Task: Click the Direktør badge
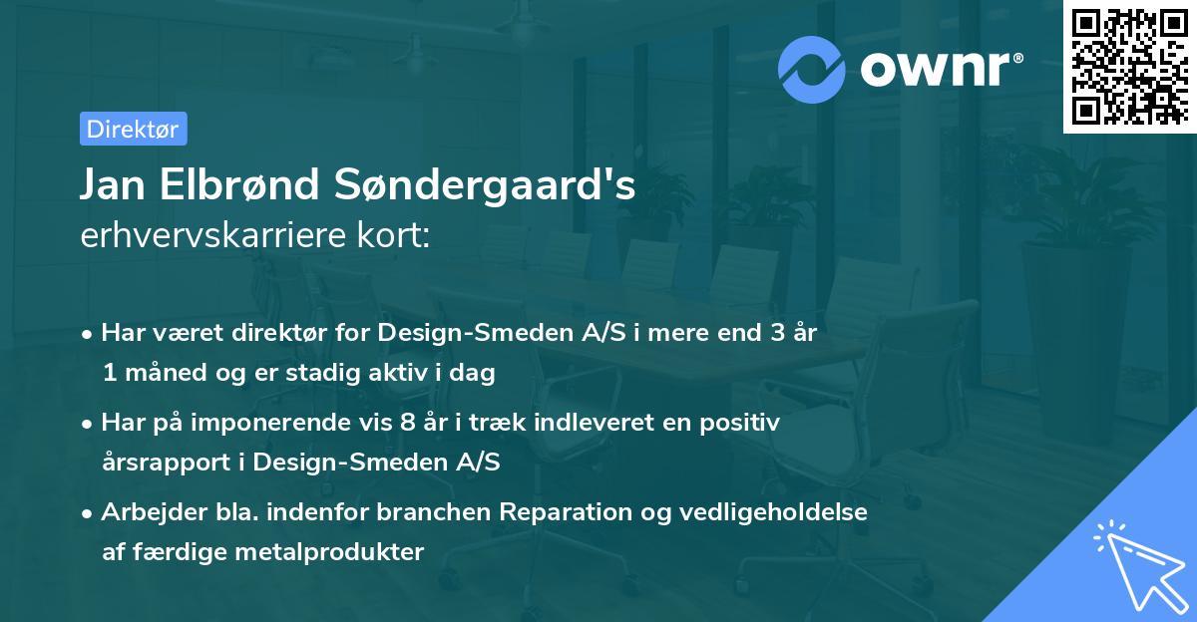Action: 133,129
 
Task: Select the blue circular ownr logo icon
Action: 812,69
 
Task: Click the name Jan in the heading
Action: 117,185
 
